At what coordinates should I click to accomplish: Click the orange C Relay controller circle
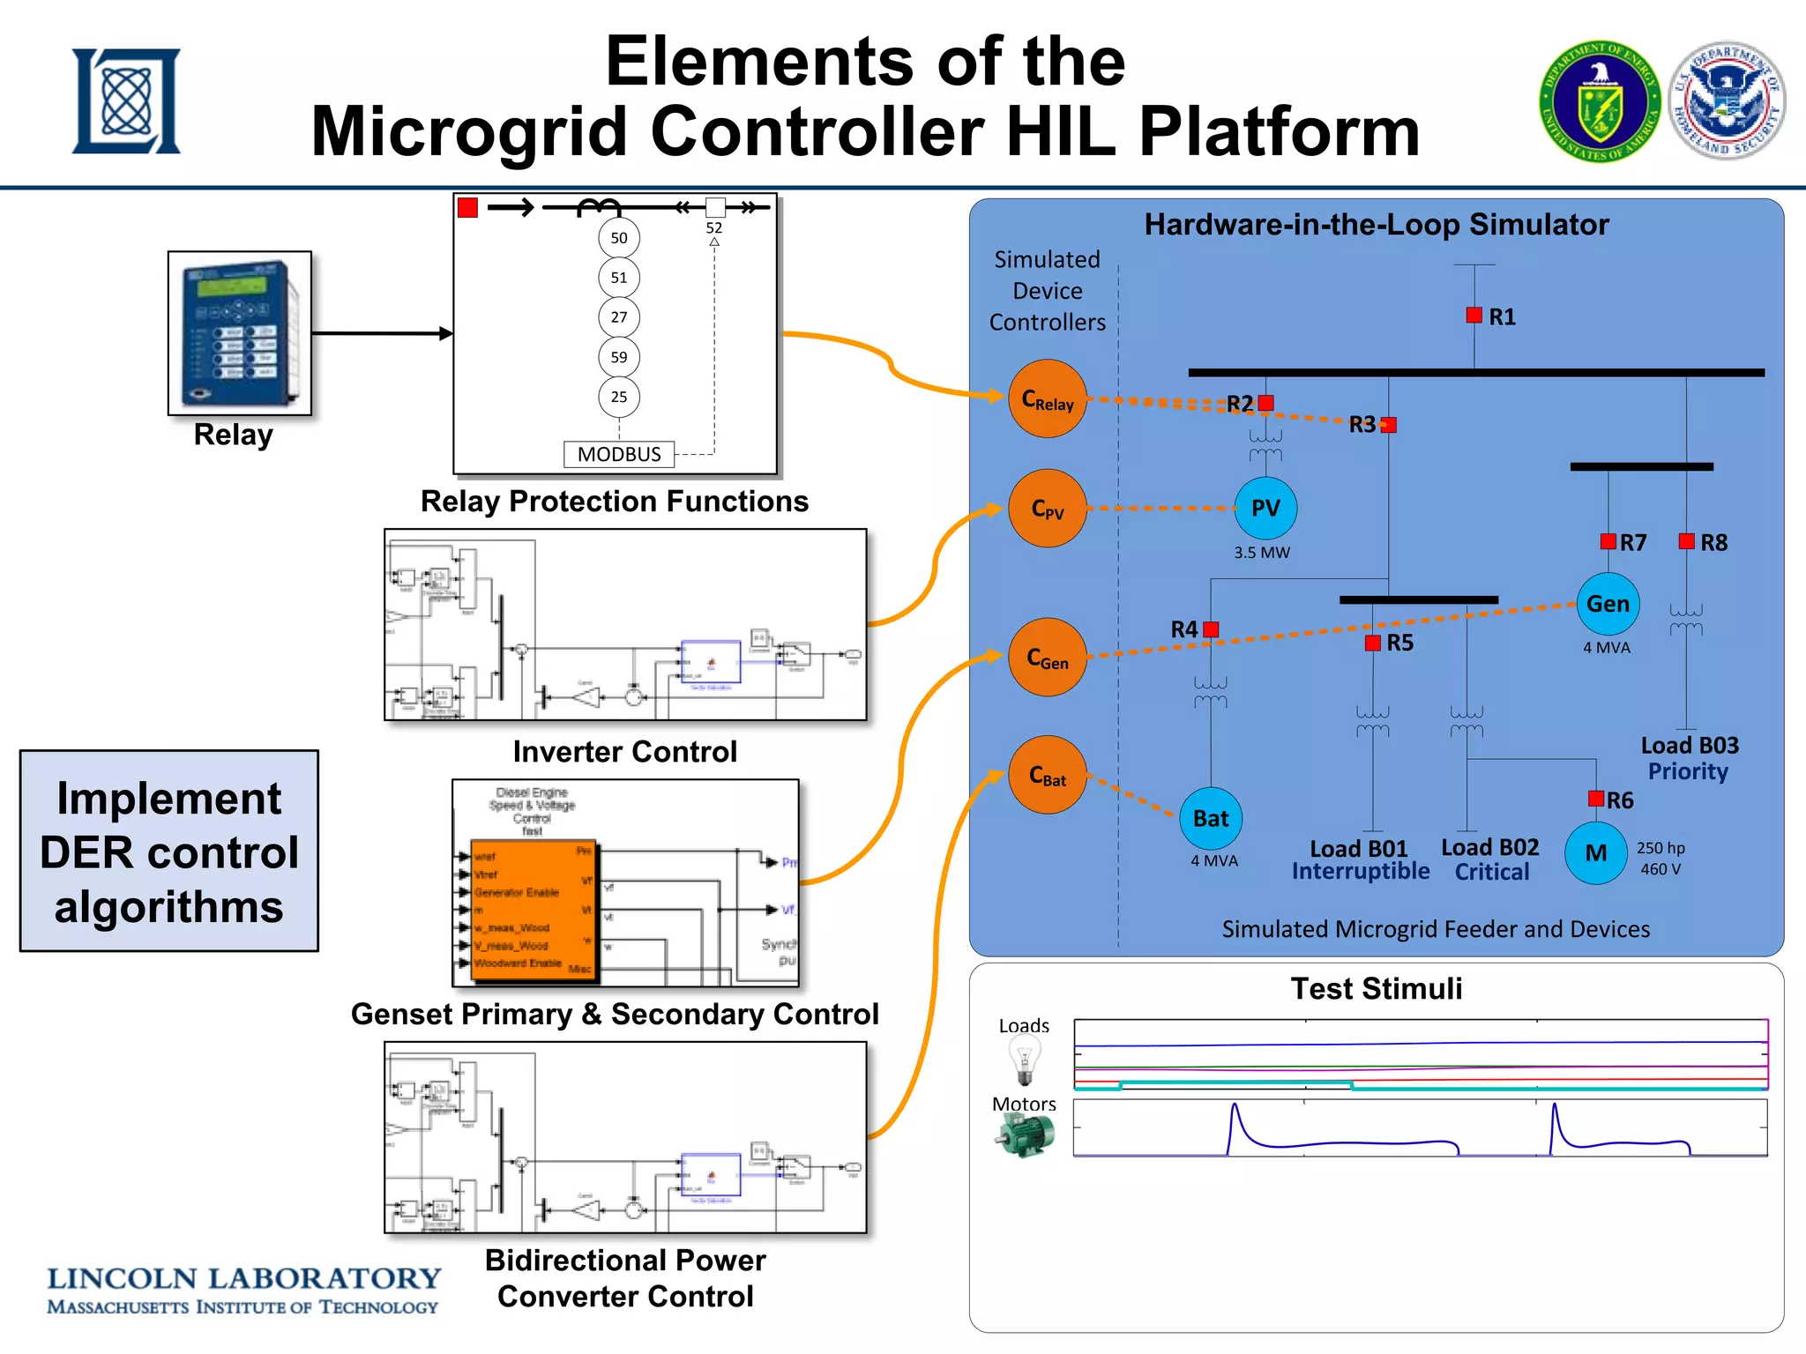(x=1047, y=398)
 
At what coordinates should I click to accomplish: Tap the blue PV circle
(x=1265, y=508)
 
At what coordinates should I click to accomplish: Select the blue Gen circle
(x=1608, y=604)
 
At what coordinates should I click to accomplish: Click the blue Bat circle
(x=1211, y=818)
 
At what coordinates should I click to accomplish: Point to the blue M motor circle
(x=1595, y=852)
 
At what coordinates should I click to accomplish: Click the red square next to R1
(x=1474, y=315)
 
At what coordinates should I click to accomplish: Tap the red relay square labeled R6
(x=1596, y=799)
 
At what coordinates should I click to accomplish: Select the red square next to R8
(x=1686, y=541)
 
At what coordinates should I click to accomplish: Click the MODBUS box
(x=619, y=454)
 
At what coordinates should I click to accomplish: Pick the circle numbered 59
(x=619, y=357)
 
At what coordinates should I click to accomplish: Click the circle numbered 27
(x=619, y=317)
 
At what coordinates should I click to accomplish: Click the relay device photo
(x=240, y=333)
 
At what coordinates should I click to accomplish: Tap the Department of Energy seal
(x=1600, y=101)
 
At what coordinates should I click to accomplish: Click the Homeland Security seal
(x=1727, y=101)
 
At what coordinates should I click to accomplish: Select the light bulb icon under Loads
(x=1024, y=1060)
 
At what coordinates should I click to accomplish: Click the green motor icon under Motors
(x=1025, y=1135)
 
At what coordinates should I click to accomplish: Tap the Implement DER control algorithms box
(x=169, y=852)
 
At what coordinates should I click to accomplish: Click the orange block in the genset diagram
(x=533, y=910)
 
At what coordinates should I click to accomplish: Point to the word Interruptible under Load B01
(x=1360, y=872)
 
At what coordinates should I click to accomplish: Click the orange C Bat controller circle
(x=1047, y=775)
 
